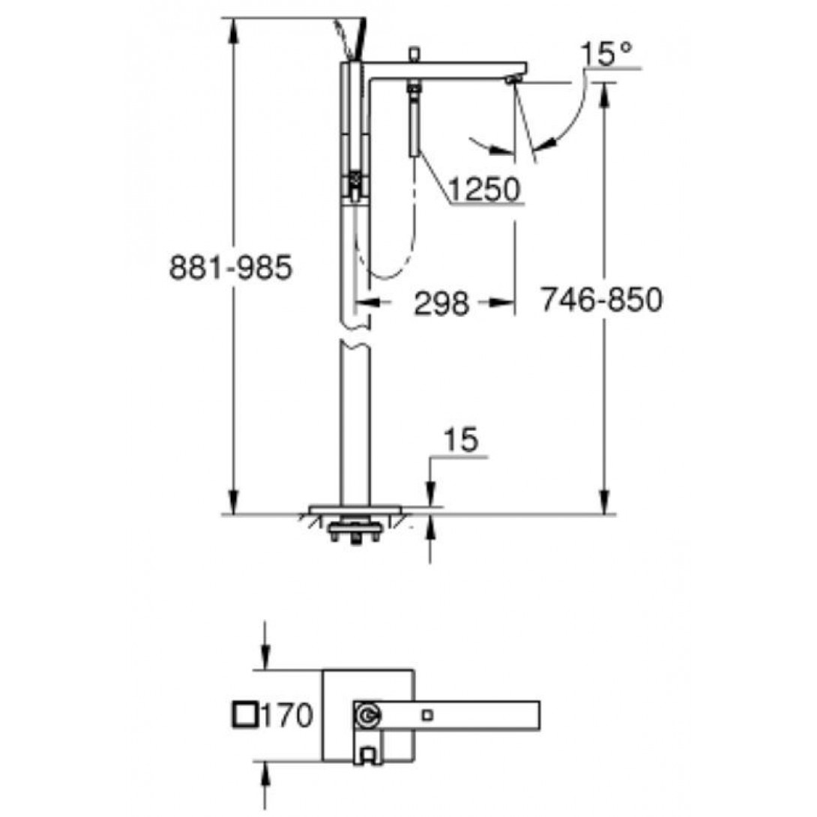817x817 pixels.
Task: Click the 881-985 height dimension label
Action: [231, 268]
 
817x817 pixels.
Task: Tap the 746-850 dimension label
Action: [601, 300]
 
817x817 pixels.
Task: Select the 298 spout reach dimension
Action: [441, 304]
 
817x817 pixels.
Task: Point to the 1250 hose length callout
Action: [484, 189]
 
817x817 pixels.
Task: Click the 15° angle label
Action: [606, 54]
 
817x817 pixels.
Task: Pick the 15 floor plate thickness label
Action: [461, 440]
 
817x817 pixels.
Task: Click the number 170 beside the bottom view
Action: [286, 714]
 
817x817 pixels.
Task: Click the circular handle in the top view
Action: [367, 715]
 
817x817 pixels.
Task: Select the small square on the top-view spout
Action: [427, 715]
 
